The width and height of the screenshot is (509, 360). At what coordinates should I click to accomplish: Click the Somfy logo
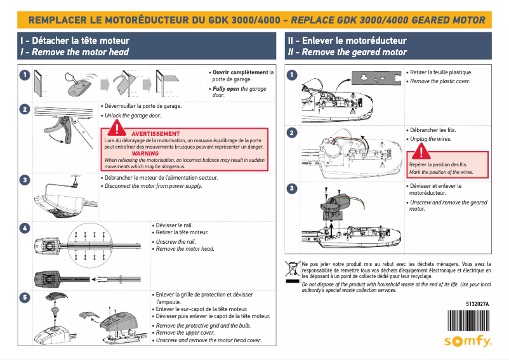pos(467,341)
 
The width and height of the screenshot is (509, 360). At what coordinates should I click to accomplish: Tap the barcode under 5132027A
pos(468,319)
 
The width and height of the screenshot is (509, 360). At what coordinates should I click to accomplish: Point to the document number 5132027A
pos(477,304)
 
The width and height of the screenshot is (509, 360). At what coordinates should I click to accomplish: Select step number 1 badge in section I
pos(24,75)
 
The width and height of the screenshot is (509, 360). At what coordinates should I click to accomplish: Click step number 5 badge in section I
pos(24,297)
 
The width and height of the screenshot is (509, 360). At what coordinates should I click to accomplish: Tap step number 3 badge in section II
pos(292,188)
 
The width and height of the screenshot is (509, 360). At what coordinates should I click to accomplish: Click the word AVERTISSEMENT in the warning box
pos(155,133)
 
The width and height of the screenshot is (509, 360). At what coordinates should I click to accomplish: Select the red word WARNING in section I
pos(145,154)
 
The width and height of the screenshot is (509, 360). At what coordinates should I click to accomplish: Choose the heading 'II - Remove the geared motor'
pos(347,52)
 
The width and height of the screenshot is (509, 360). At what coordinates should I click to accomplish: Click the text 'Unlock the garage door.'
pos(133,116)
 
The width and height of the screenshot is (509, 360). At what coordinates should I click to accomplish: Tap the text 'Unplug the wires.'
pos(431,139)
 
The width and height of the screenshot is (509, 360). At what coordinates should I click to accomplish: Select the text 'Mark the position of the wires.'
pos(441,172)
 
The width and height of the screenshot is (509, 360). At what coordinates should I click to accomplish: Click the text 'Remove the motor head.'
pos(185,249)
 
